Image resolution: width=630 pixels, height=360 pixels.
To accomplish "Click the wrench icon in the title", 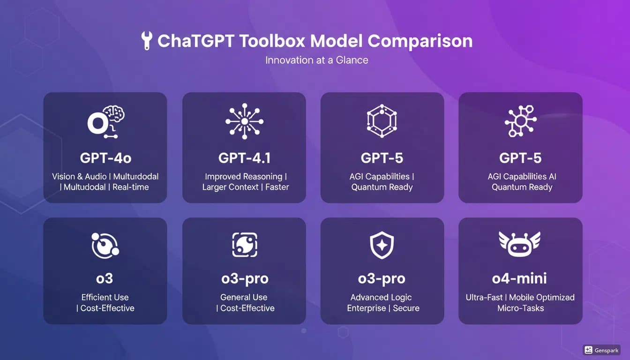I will [x=146, y=41].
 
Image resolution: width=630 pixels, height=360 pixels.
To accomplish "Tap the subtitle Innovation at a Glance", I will [x=316, y=60].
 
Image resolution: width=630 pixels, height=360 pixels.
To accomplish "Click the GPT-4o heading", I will [x=105, y=158].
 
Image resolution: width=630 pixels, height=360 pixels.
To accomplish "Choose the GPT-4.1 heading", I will [x=244, y=158].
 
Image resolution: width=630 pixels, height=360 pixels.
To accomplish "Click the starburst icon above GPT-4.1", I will [x=244, y=121].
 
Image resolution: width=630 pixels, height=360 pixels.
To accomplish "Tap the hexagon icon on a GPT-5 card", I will [x=382, y=121].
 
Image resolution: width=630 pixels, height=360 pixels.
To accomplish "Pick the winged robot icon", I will [x=519, y=244].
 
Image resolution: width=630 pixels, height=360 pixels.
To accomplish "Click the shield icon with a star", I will [x=382, y=245].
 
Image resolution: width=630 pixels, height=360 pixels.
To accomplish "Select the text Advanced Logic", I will [x=381, y=297].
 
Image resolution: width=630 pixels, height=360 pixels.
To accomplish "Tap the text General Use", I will [x=244, y=297].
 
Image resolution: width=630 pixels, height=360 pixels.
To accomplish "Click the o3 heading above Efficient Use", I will [x=105, y=278].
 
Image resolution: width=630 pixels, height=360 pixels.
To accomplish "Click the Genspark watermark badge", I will [x=601, y=350].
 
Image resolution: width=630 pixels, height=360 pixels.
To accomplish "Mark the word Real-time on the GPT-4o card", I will [x=131, y=187].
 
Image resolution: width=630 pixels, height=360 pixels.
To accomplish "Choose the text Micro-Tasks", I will [x=520, y=308].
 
